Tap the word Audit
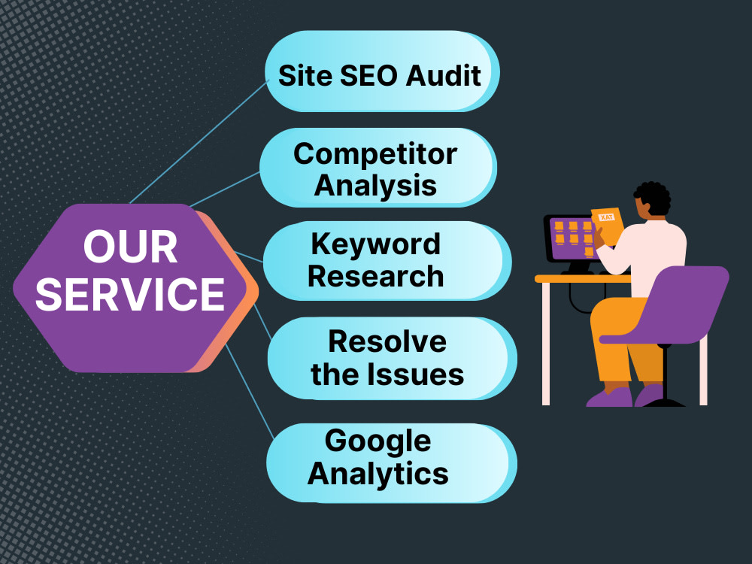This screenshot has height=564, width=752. pyautogui.click(x=443, y=76)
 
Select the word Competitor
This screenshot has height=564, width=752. pyautogui.click(x=375, y=154)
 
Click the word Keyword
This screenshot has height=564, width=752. pyautogui.click(x=375, y=244)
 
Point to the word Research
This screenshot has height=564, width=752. pyautogui.click(x=375, y=277)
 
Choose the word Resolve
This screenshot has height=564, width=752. pyautogui.click(x=387, y=341)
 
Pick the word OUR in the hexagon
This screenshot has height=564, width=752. pyautogui.click(x=130, y=247)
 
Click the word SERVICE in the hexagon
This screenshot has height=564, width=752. pyautogui.click(x=130, y=294)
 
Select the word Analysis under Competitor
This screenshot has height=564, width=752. pyautogui.click(x=375, y=186)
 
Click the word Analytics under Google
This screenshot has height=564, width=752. pyautogui.click(x=378, y=475)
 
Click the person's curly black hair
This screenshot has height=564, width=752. pyautogui.click(x=652, y=196)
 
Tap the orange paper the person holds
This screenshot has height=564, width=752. pyautogui.click(x=607, y=226)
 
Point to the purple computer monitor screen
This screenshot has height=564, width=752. pyautogui.click(x=574, y=238)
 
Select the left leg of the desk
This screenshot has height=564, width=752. pyautogui.click(x=546, y=344)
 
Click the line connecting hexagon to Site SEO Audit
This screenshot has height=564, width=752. pyautogui.click(x=199, y=143)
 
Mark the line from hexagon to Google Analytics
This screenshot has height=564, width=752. pyautogui.click(x=250, y=391)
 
